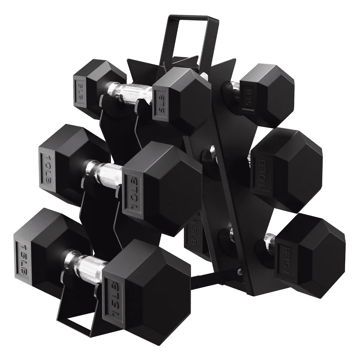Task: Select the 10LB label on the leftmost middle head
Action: pyautogui.click(x=46, y=168)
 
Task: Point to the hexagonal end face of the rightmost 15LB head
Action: pyautogui.click(x=321, y=255)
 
